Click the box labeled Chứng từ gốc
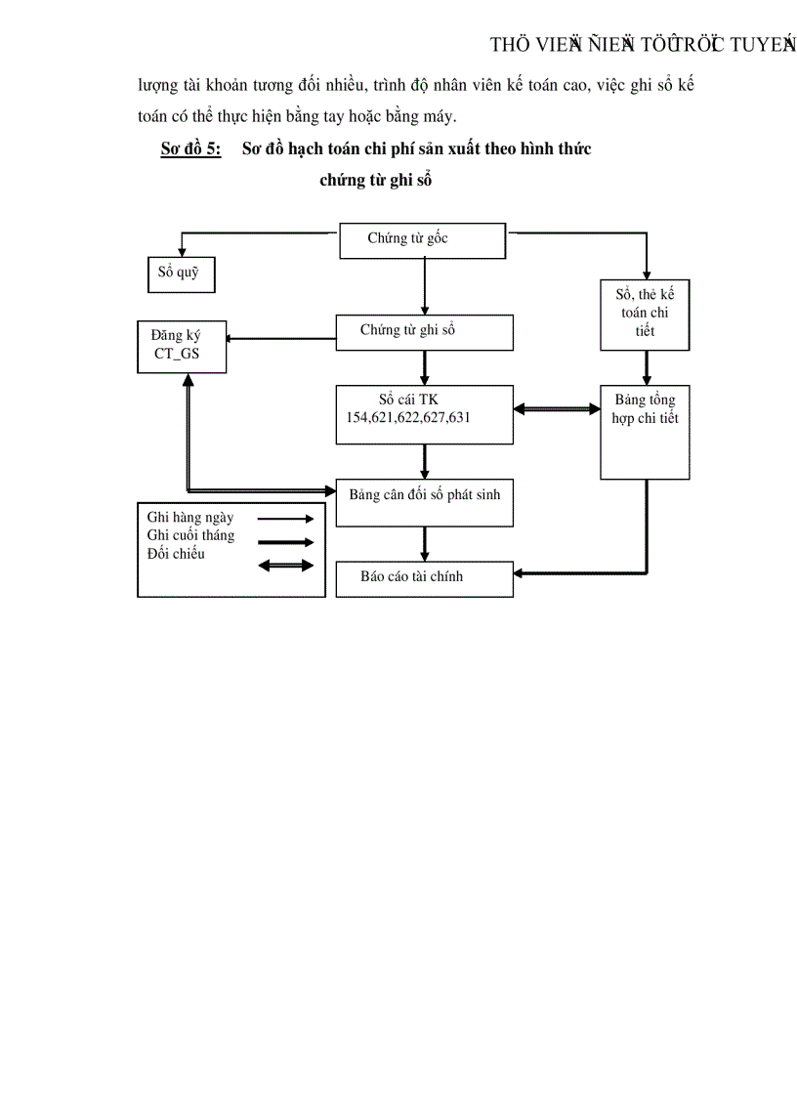pos(422,241)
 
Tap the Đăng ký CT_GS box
pos(182,345)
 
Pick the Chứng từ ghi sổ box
pos(424,332)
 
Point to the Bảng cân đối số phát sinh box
pos(424,502)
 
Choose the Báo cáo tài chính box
pos(424,578)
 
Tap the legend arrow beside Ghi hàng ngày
pos(284,520)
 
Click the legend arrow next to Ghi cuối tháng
pos(284,542)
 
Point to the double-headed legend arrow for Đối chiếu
pos(284,565)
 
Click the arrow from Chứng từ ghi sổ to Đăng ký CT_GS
pos(280,339)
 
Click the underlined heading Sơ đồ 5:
pos(190,149)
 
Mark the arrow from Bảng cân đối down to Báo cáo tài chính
pos(425,543)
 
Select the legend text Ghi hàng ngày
pos(190,518)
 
